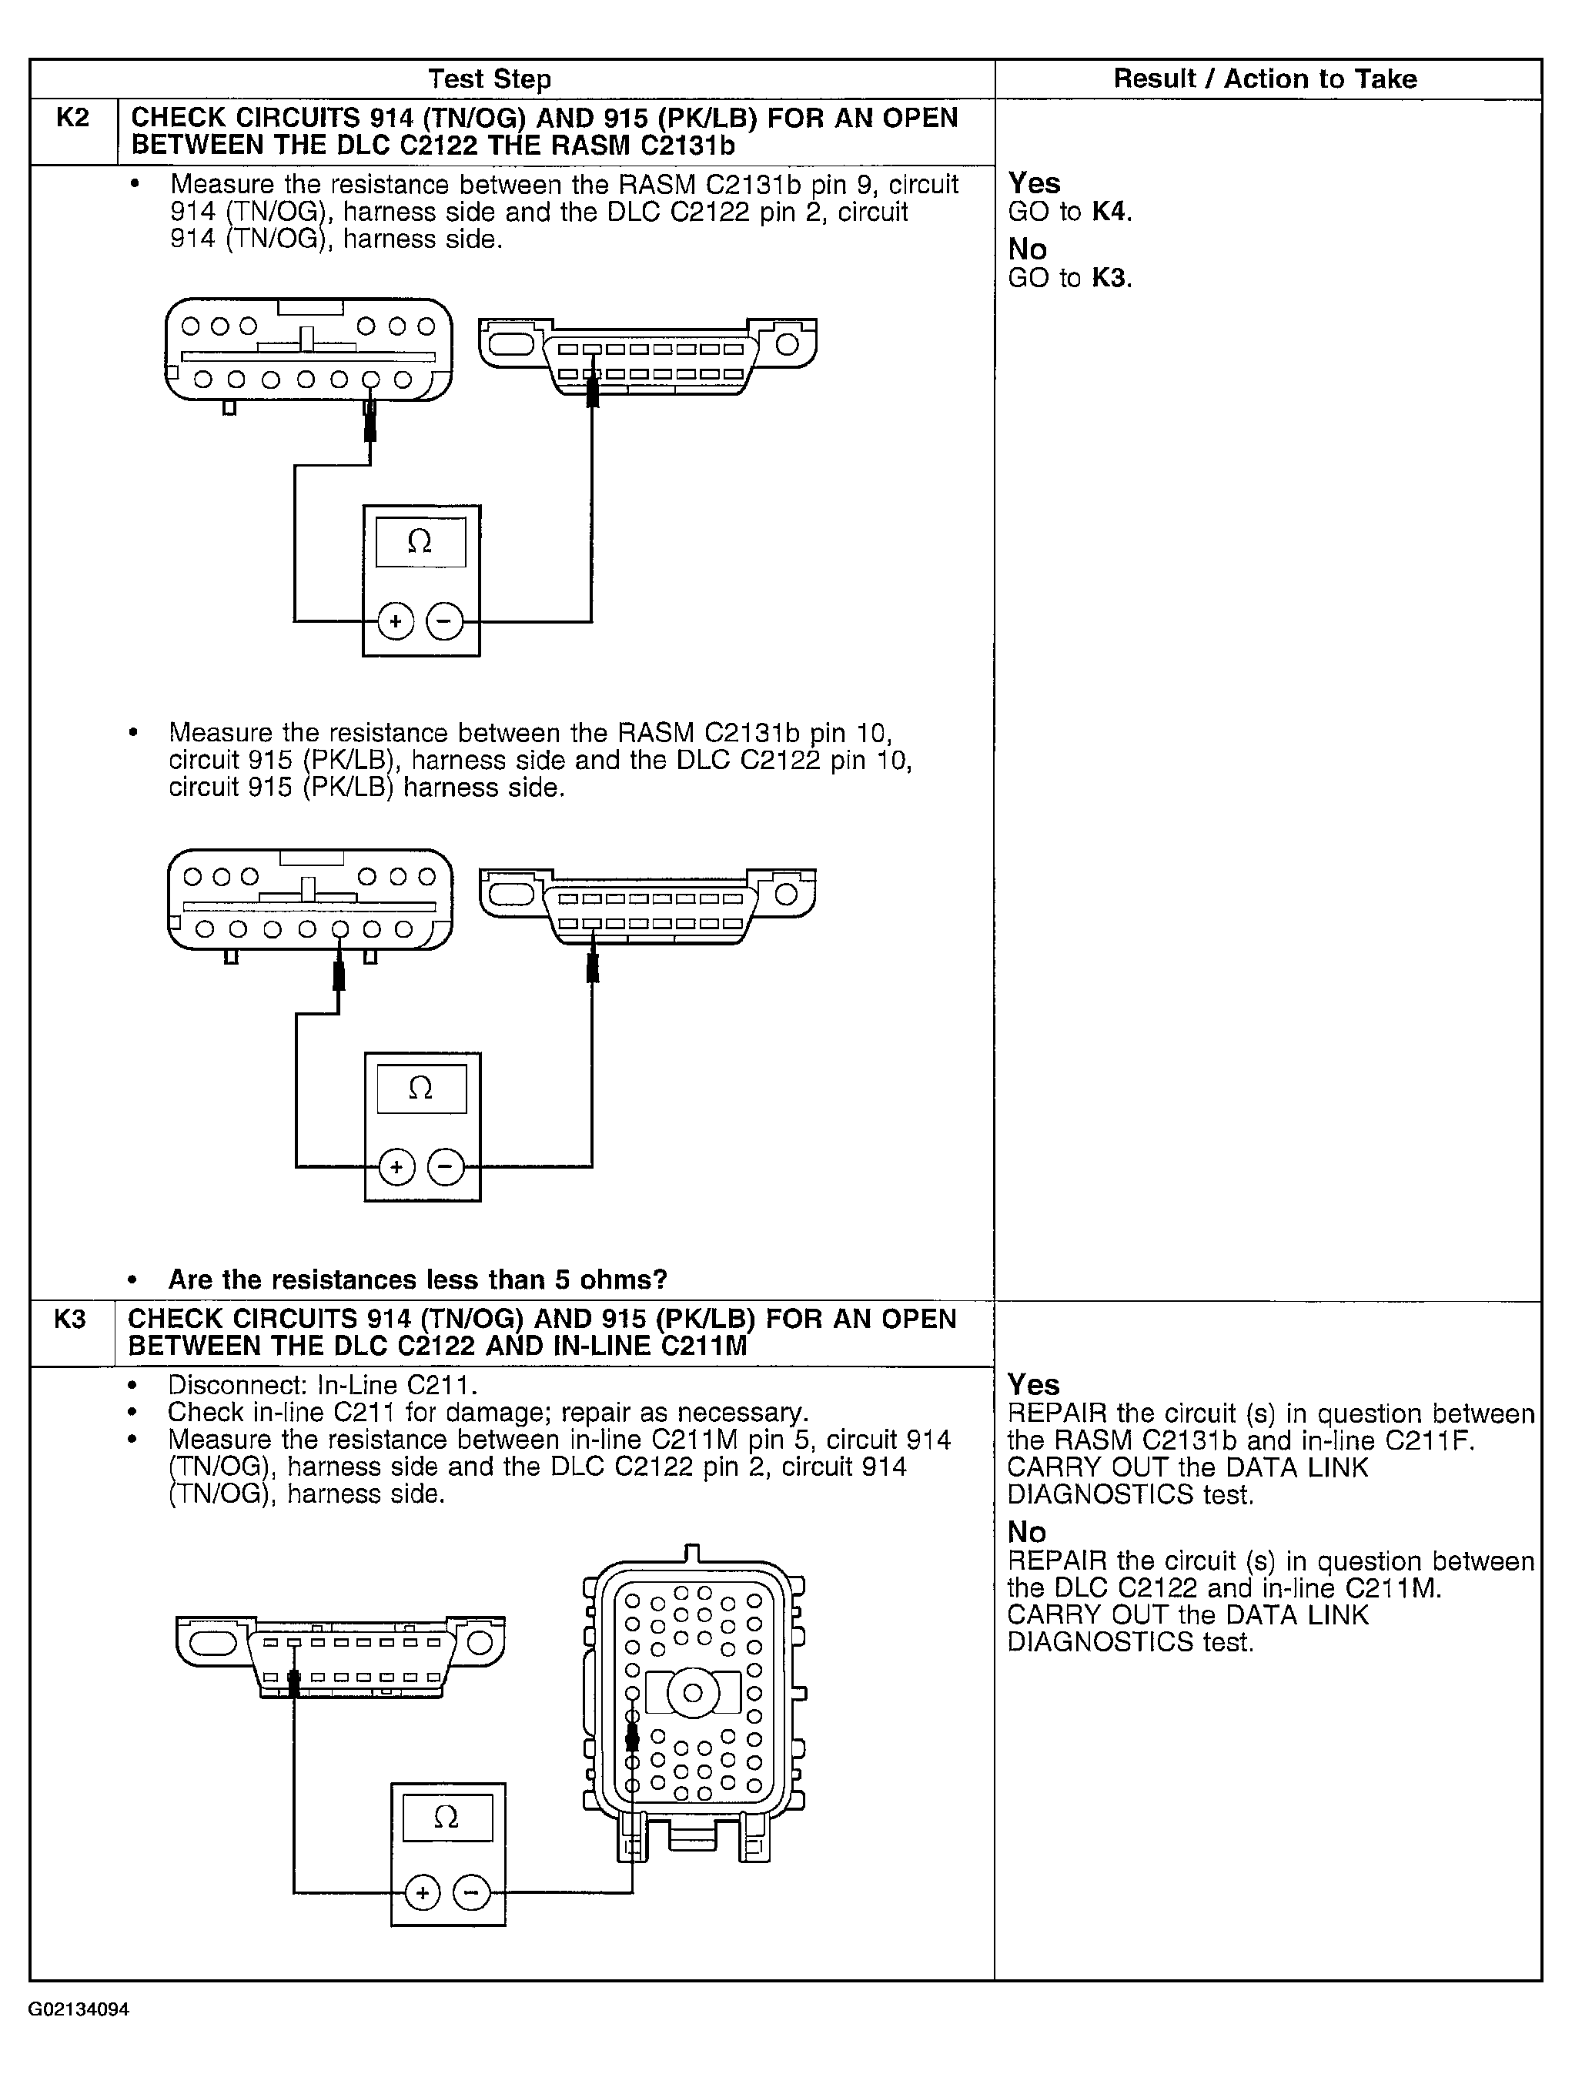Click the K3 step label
[x=70, y=1320]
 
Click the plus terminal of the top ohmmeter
[x=396, y=621]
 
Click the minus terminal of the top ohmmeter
[x=445, y=621]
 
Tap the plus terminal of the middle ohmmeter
[x=396, y=1167]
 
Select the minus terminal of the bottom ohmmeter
[x=471, y=1893]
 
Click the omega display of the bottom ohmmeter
[x=447, y=1817]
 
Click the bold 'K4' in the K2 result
[x=1110, y=212]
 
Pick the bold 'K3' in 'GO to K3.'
[x=1110, y=279]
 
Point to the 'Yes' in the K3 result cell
[x=1033, y=1385]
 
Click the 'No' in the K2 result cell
[x=1028, y=249]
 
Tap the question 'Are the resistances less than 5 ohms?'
[x=417, y=1280]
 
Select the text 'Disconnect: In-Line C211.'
[x=323, y=1385]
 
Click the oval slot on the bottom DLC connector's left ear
[x=212, y=1644]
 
